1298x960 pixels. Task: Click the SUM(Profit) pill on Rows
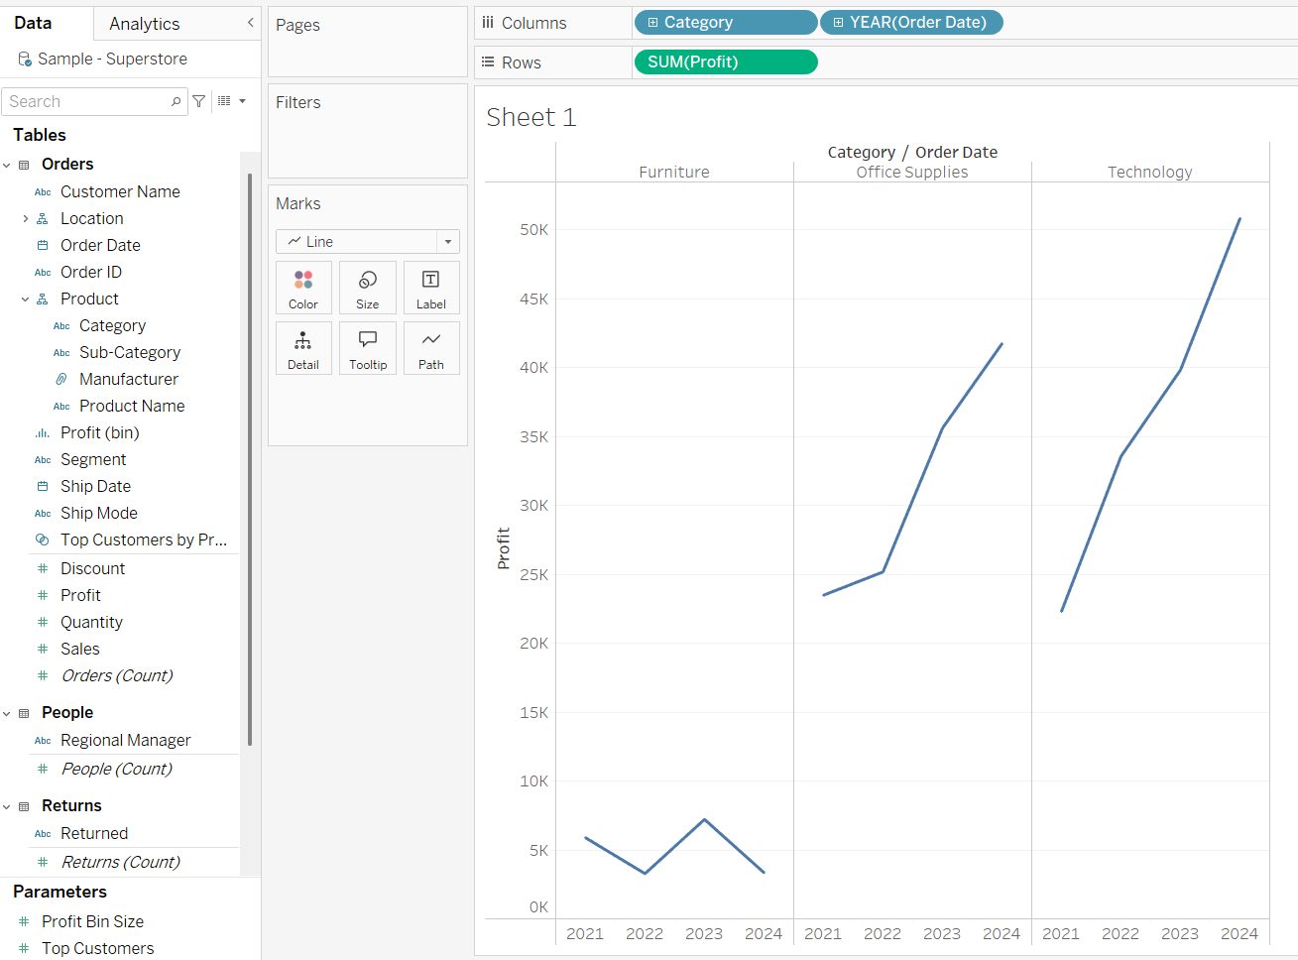point(725,62)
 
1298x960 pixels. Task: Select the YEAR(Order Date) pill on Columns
point(911,23)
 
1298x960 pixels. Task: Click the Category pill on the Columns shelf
point(725,23)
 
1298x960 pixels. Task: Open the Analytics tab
point(145,24)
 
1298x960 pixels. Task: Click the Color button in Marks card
point(303,288)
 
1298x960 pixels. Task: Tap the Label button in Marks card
point(431,288)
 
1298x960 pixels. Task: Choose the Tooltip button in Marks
point(368,348)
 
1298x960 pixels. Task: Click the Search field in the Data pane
point(87,101)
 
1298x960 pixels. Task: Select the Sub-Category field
point(130,352)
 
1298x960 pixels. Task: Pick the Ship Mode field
point(99,513)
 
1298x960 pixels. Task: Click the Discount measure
point(92,568)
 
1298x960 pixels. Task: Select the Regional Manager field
point(126,740)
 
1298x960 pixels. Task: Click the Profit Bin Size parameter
point(92,921)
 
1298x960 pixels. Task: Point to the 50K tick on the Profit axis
point(534,230)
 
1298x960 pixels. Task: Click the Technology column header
point(1150,173)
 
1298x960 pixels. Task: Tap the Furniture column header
point(674,173)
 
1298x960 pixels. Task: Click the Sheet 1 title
point(531,118)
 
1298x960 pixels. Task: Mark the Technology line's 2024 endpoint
point(1239,219)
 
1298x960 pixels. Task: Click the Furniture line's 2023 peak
point(704,819)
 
